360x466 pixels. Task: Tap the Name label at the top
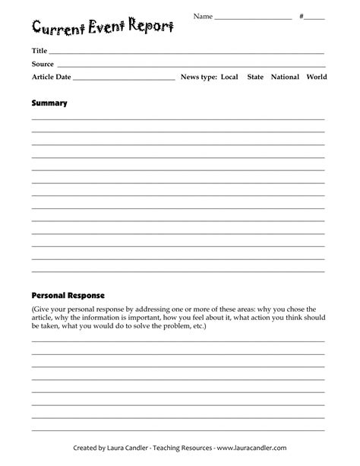pos(202,16)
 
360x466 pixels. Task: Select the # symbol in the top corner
pos(302,16)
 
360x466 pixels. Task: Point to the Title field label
pos(39,51)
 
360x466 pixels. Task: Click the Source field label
pos(43,64)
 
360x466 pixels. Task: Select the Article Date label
pos(51,77)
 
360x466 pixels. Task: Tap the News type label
pos(199,77)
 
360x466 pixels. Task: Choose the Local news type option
pos(230,77)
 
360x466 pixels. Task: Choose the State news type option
pos(256,77)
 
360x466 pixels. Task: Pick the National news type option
pos(285,77)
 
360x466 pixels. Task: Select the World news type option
pos(317,77)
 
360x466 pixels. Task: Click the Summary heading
pos(49,103)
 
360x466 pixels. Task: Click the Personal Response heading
pos(68,294)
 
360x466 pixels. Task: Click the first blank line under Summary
pos(178,119)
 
